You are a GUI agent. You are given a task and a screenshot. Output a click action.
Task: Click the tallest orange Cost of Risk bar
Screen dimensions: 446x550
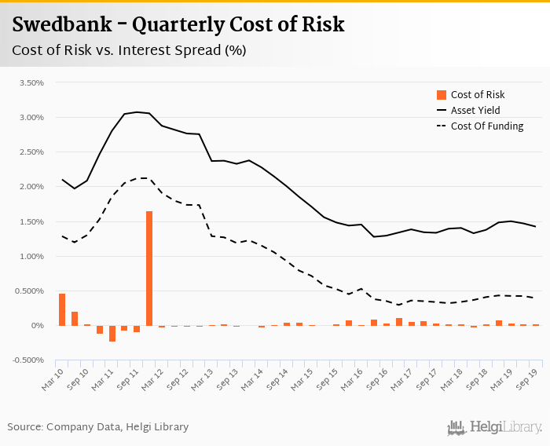(x=149, y=268)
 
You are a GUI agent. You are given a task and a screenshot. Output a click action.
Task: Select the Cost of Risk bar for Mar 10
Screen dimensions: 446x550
(x=62, y=309)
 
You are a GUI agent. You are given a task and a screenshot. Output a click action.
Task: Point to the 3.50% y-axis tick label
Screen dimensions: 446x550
(x=30, y=82)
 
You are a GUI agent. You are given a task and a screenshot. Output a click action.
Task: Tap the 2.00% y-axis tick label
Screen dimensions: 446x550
(x=30, y=187)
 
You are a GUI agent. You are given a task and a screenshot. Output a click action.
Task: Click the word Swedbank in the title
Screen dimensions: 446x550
(x=60, y=25)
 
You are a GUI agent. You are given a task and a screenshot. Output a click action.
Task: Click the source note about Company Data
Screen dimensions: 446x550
(x=98, y=426)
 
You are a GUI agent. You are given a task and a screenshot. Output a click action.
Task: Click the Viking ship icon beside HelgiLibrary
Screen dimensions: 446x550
(x=456, y=427)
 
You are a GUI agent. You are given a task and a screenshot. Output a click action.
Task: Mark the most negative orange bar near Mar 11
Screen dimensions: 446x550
(x=112, y=333)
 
